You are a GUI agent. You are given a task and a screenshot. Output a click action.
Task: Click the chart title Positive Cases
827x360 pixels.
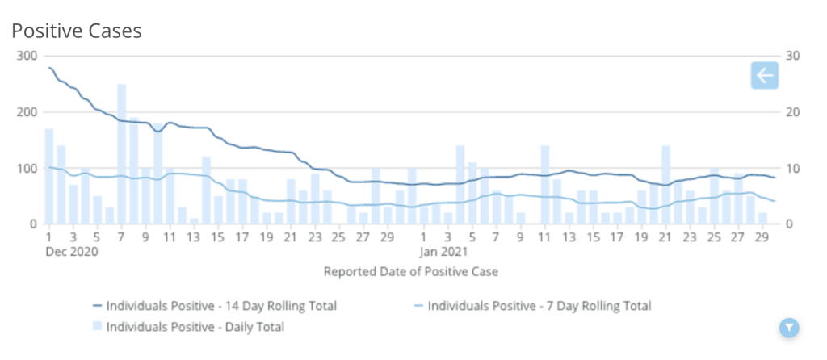[77, 31]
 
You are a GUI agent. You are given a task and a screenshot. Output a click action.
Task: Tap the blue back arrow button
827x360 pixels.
[763, 76]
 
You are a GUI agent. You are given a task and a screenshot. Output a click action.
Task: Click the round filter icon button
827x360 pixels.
[789, 327]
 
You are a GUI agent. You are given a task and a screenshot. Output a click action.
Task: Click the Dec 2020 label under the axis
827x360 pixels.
[72, 251]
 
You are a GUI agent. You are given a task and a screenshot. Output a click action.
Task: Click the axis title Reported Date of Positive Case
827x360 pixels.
[411, 272]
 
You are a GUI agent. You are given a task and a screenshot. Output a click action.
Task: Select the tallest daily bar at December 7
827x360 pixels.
[121, 153]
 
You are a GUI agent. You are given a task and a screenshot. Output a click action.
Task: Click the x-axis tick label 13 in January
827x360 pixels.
[569, 237]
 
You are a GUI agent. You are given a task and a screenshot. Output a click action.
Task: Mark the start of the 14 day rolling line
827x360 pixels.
[49, 68]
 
